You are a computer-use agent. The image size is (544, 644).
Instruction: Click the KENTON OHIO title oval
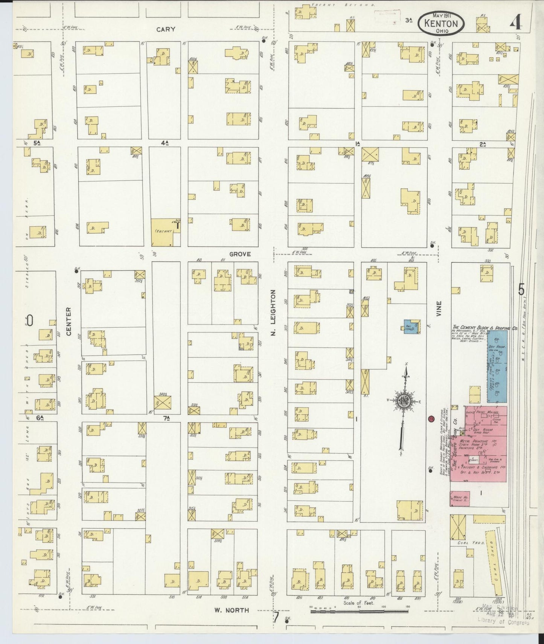click(440, 24)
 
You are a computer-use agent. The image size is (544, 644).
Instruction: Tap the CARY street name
click(166, 29)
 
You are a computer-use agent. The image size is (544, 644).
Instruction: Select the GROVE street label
click(240, 254)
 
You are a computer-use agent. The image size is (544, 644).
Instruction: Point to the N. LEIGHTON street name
click(274, 313)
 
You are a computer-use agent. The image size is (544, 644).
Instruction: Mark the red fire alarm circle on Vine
click(431, 419)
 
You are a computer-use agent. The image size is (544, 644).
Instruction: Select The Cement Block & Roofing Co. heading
click(485, 328)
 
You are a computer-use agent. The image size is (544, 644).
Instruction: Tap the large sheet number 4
click(516, 24)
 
